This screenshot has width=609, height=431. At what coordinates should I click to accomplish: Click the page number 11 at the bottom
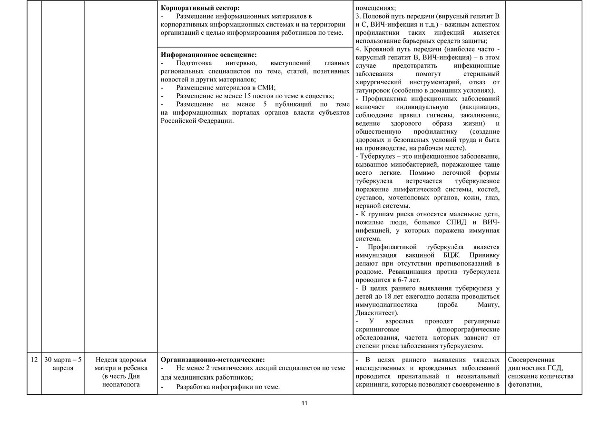tap(304, 403)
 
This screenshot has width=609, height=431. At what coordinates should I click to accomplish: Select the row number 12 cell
tap(34, 360)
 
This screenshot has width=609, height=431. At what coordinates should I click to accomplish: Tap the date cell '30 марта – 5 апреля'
tap(63, 364)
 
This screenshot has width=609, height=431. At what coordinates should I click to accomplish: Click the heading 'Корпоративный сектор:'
tap(200, 8)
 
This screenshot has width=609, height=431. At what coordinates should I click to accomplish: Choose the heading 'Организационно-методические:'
tap(213, 360)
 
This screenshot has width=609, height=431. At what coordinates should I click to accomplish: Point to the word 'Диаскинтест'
tap(376, 313)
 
